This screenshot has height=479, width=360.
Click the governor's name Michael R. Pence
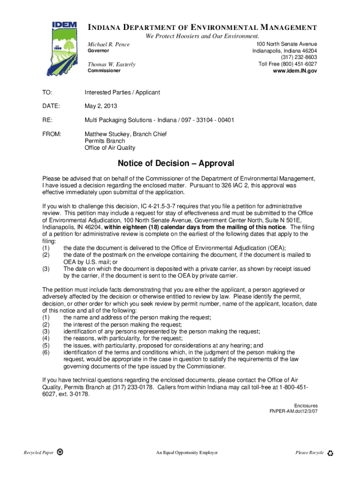tap(109, 44)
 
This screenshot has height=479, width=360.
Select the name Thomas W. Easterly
tap(112, 65)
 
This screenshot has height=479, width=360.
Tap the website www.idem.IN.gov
tap(295, 71)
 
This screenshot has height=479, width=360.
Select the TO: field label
tap(48, 93)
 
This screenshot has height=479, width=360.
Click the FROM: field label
tap(51, 134)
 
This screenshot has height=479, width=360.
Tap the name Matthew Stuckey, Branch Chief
tap(125, 134)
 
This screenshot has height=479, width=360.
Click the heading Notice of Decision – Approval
tap(176, 164)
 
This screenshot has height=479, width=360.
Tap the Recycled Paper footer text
tap(39, 453)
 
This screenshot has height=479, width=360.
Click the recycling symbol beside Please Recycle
tap(331, 453)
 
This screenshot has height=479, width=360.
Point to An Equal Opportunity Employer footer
tap(187, 453)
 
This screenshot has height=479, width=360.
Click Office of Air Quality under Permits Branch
tap(110, 148)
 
